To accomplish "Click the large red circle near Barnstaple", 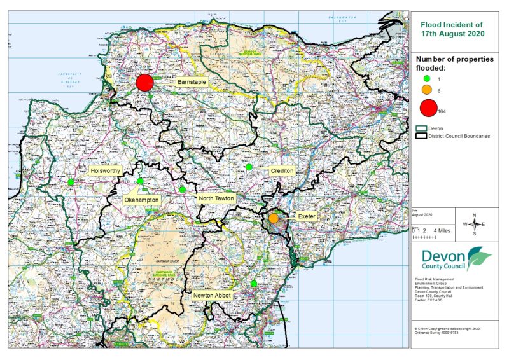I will click(145, 83).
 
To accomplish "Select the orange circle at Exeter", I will click(274, 218).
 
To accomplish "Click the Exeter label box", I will click(303, 217).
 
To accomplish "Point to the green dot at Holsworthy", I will click(71, 182).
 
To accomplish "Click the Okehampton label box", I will click(141, 200).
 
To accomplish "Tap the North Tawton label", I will click(217, 199).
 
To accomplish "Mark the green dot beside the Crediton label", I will click(249, 167).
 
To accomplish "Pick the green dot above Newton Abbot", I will click(254, 284).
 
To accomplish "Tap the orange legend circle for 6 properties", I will click(428, 90).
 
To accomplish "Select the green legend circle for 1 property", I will click(428, 78).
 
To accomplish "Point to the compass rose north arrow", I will click(474, 216).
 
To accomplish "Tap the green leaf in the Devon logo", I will click(478, 258).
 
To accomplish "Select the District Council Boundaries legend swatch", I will click(421, 135).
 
